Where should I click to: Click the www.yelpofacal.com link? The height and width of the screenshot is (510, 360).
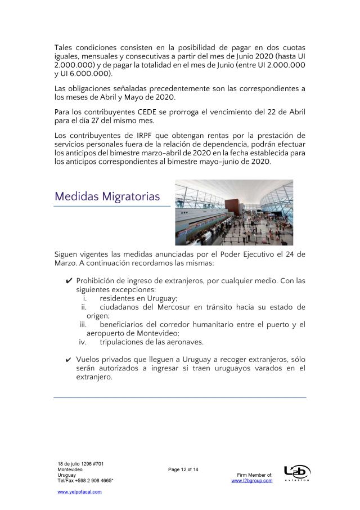click(x=80, y=491)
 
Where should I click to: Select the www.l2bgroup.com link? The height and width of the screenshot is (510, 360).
click(x=252, y=481)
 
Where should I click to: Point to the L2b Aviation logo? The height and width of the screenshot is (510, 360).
click(x=297, y=473)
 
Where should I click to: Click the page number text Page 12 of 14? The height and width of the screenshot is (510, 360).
click(x=183, y=469)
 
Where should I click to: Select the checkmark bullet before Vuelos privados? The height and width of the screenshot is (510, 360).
click(x=69, y=360)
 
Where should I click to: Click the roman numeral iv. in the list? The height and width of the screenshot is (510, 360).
click(x=82, y=342)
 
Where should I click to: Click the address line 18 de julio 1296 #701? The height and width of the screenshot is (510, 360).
click(x=80, y=463)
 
